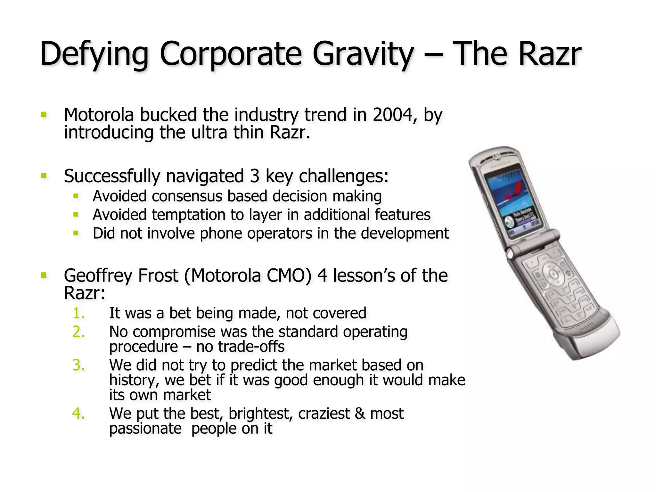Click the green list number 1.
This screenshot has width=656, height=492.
[x=78, y=313]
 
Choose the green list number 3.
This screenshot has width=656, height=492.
[x=78, y=365]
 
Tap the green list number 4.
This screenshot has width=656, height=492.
[x=78, y=414]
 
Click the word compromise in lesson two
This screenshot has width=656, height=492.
[x=174, y=332]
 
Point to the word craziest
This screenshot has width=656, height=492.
[x=324, y=414]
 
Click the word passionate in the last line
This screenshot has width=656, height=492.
[x=145, y=429]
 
